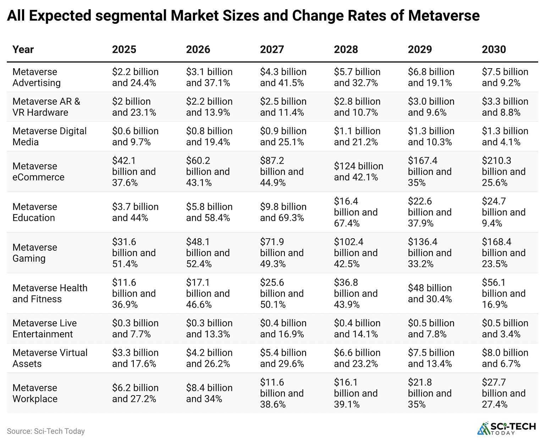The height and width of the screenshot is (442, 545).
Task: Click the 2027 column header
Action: tap(272, 49)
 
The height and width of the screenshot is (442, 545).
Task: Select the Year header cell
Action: tap(23, 49)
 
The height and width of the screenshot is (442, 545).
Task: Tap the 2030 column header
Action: tap(494, 49)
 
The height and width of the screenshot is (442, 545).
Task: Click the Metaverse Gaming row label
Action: tap(35, 253)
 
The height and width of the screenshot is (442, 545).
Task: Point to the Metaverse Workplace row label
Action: tap(35, 393)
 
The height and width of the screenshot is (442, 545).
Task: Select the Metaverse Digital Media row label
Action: tap(49, 136)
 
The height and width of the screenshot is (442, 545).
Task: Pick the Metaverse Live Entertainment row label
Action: tap(44, 328)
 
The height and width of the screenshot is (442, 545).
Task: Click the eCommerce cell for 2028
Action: tap(358, 171)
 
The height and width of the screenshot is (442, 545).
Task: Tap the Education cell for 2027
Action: tap(283, 212)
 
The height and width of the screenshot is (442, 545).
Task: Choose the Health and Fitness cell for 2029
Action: tap(430, 293)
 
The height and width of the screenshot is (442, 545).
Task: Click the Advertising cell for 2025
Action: tap(135, 77)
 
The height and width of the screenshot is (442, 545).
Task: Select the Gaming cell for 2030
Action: tap(503, 253)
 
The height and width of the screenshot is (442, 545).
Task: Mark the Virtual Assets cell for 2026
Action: tap(209, 358)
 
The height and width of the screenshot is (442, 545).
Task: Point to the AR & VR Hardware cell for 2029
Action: tap(431, 107)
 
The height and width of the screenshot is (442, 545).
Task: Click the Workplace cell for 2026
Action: tap(209, 393)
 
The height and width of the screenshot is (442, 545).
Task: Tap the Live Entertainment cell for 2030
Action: tap(505, 328)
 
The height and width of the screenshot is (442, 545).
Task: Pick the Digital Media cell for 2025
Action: tap(135, 136)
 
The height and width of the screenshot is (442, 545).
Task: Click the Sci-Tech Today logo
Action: tap(506, 428)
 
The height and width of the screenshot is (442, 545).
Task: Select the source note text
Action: tap(46, 431)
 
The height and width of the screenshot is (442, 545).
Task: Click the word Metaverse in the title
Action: tap(444, 16)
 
